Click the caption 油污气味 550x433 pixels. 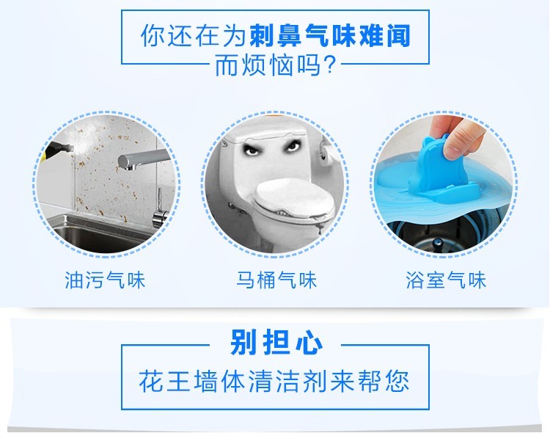click(x=105, y=280)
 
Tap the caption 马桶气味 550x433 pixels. click(x=276, y=280)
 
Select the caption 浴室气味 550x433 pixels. click(x=446, y=280)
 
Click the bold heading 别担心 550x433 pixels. click(x=276, y=342)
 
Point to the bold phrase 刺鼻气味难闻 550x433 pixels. click(x=330, y=35)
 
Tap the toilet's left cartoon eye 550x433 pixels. click(x=251, y=150)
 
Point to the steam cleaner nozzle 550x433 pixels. click(x=59, y=150)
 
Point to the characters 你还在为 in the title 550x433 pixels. click(x=193, y=35)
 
